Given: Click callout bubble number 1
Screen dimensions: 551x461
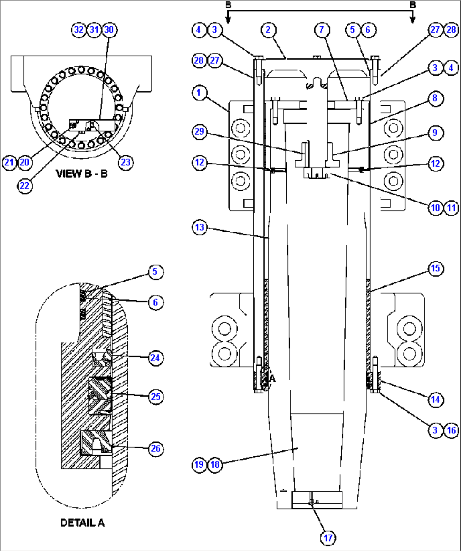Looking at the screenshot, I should (199, 93).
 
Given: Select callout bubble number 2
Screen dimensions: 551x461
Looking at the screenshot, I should (268, 30).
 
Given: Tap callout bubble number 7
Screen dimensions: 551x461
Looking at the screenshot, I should (322, 30).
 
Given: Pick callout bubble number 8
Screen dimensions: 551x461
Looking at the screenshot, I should (435, 99).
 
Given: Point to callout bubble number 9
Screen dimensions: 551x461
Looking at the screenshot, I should (435, 133).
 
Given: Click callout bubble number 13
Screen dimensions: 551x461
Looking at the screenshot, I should (199, 228).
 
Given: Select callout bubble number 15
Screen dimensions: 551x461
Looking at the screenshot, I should (435, 269).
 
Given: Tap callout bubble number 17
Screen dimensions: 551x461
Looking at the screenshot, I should (328, 538).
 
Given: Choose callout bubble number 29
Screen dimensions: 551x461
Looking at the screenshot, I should (199, 132).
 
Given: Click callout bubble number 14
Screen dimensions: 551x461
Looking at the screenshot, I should (435, 400).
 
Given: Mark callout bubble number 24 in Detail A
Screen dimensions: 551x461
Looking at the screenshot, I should (155, 358).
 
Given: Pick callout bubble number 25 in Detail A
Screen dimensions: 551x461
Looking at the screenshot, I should (156, 397).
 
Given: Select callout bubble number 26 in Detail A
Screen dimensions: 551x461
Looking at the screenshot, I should (156, 449).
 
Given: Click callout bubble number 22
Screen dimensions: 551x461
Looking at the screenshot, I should (25, 186).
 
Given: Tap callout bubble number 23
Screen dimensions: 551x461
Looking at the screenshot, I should (126, 162).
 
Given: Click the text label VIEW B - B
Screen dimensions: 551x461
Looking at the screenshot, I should (81, 174).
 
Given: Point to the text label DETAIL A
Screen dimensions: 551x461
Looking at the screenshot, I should (82, 523).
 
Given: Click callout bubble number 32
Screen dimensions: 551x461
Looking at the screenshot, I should (79, 30).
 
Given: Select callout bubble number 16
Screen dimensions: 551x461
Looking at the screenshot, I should (451, 430).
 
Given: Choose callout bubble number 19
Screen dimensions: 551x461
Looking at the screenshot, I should (199, 464).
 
